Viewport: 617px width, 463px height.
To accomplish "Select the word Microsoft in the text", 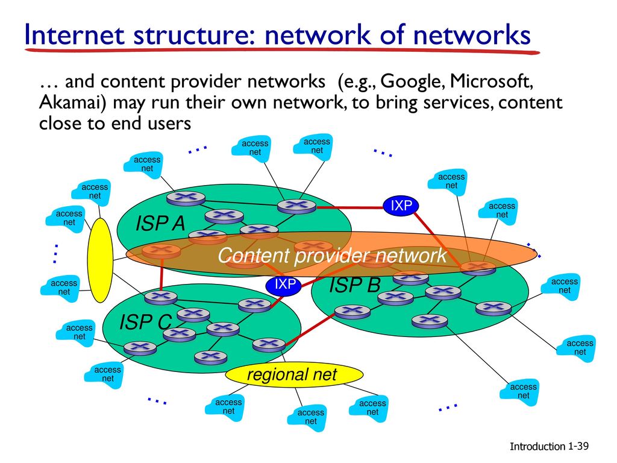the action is pyautogui.click(x=492, y=81).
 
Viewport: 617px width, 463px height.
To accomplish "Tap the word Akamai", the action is pyautogui.click(x=73, y=102).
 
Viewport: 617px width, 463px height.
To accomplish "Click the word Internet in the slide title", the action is pyautogui.click(x=75, y=34).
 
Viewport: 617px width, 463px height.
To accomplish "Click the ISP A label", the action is pyautogui.click(x=160, y=224).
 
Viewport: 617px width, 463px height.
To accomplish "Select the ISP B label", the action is pyautogui.click(x=355, y=285).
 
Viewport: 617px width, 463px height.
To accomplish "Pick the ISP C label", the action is pyautogui.click(x=146, y=322).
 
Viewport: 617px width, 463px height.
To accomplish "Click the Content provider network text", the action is pyautogui.click(x=332, y=256).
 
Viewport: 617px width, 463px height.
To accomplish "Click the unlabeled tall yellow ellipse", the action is pyautogui.click(x=100, y=260).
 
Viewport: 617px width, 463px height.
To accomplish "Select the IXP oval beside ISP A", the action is pyautogui.click(x=401, y=205).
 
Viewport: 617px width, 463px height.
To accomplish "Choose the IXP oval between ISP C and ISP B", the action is pyautogui.click(x=284, y=285).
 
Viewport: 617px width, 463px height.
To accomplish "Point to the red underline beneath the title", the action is pyautogui.click(x=282, y=51).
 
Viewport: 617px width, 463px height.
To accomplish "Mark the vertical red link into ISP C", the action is pyautogui.click(x=161, y=274).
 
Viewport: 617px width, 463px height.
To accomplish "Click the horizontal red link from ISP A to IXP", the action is pyautogui.click(x=349, y=207).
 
